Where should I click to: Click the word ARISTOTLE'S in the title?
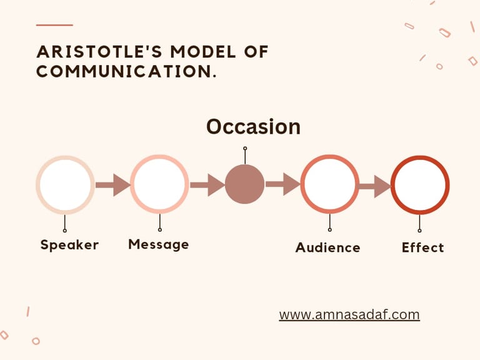coord(91,52)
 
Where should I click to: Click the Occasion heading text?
coord(253,126)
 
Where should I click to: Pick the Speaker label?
coord(69,245)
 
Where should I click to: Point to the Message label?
coord(158,244)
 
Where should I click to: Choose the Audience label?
coord(327,247)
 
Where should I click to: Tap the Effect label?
coord(422,247)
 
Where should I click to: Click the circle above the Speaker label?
coord(65,184)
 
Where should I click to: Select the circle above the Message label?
coord(159,184)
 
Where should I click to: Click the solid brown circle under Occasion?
coord(244,184)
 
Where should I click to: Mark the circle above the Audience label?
coord(329,184)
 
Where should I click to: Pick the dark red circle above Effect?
coord(419,184)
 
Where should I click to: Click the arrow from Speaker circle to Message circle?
coord(112,185)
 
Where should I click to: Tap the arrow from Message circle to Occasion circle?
coord(207,185)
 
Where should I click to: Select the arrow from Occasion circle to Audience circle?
coord(282,184)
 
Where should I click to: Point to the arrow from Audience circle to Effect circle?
coord(374,186)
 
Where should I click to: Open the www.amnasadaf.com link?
coord(349,314)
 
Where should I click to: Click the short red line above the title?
coord(54,25)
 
